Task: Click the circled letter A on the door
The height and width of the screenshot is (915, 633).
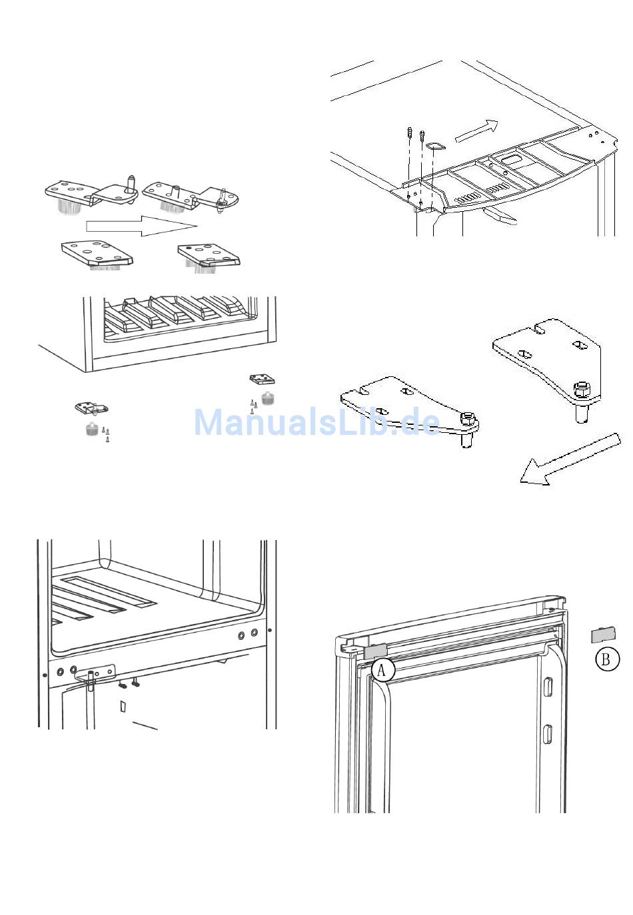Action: pyautogui.click(x=382, y=669)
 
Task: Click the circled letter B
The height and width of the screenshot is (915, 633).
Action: pyautogui.click(x=606, y=659)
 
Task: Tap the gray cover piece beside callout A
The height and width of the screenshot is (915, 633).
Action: pyautogui.click(x=376, y=651)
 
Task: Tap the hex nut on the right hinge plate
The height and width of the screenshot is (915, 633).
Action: pyautogui.click(x=581, y=389)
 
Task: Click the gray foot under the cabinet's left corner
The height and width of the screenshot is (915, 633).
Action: pyautogui.click(x=93, y=429)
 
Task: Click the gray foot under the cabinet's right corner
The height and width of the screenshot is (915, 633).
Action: pyautogui.click(x=269, y=399)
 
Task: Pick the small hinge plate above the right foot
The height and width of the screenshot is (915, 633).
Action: pyautogui.click(x=262, y=380)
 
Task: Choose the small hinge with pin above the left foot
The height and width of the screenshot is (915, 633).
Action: pyautogui.click(x=91, y=408)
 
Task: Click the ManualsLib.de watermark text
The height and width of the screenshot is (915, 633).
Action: pyautogui.click(x=316, y=422)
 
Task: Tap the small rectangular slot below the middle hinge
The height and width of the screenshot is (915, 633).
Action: pyautogui.click(x=123, y=706)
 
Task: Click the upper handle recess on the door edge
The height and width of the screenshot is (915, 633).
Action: pyautogui.click(x=548, y=687)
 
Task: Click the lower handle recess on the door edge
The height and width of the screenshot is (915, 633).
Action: pyautogui.click(x=548, y=733)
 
